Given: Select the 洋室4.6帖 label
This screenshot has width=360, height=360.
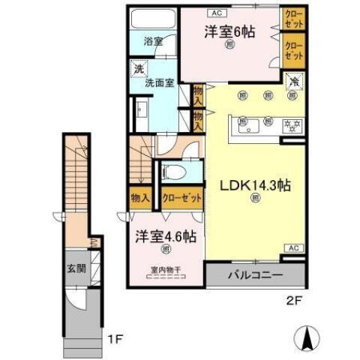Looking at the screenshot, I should [x=166, y=237].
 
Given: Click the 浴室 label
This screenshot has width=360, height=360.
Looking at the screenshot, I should [x=153, y=42].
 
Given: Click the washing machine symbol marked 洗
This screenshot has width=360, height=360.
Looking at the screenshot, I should [x=138, y=70].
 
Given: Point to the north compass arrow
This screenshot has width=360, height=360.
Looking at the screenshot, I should [x=307, y=340].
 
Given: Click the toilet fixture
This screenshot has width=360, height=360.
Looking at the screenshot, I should [x=172, y=172].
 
